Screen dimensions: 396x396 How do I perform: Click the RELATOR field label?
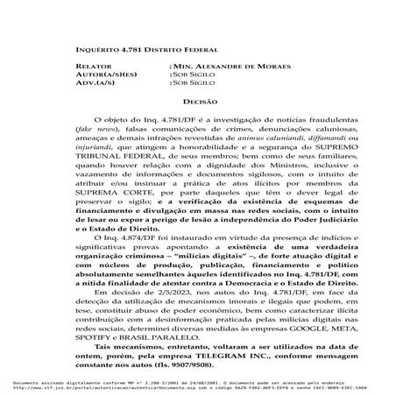click(x=94, y=67)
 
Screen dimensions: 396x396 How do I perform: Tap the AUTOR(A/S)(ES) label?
click(x=103, y=75)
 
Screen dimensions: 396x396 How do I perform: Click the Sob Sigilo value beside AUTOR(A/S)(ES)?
click(x=192, y=75)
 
